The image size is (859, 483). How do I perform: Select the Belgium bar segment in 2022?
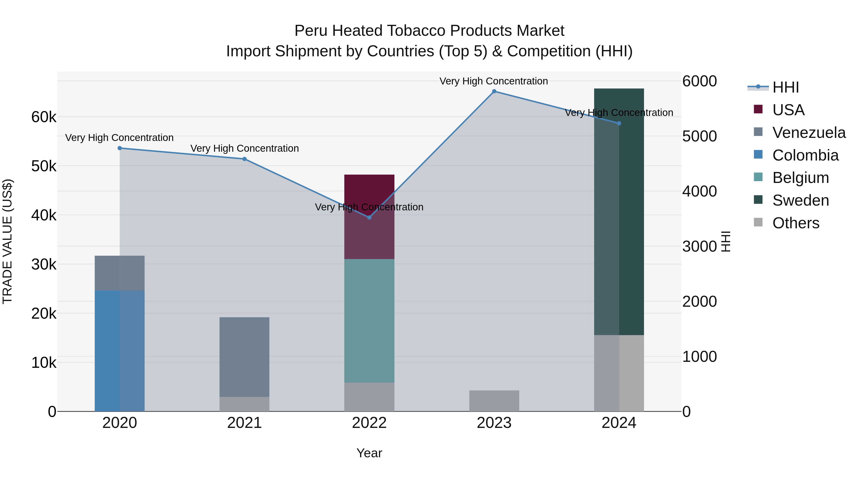tap(369, 321)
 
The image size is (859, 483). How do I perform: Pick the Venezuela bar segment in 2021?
tap(244, 357)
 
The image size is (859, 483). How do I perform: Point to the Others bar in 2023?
tap(494, 401)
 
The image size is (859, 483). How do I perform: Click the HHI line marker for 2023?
tap(494, 91)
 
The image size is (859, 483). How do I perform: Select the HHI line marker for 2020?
tap(120, 148)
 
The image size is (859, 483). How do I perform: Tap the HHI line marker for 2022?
tap(369, 217)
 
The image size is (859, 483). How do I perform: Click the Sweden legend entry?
tap(800, 200)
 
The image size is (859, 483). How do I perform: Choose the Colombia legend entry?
tap(805, 155)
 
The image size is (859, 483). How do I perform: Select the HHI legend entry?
tap(785, 87)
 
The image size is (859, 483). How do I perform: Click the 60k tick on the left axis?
tap(44, 117)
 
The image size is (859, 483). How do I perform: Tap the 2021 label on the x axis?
tap(244, 423)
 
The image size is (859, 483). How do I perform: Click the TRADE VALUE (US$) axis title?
tap(7, 241)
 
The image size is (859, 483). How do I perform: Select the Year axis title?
tap(369, 453)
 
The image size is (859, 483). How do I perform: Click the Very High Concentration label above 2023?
tap(493, 81)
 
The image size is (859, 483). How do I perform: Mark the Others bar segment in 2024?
tap(619, 373)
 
